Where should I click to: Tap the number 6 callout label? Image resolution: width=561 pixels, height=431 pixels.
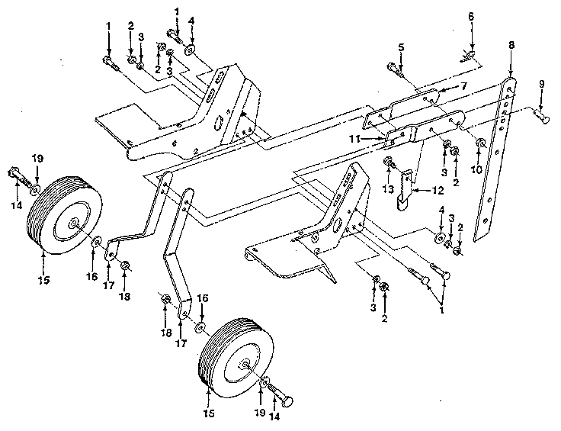(x=471, y=37)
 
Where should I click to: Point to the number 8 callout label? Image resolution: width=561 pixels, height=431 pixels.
(x=511, y=45)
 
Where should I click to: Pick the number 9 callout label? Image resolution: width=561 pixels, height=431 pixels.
(x=542, y=83)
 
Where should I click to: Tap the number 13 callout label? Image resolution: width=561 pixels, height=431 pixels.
(x=388, y=188)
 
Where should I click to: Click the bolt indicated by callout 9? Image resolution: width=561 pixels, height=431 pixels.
(x=540, y=116)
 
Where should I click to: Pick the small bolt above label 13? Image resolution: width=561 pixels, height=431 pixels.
(x=389, y=161)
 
